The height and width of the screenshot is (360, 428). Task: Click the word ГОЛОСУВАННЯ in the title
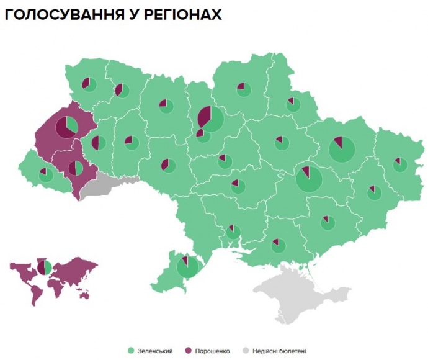pos(68,14)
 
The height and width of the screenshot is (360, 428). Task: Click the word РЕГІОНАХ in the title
pos(184,14)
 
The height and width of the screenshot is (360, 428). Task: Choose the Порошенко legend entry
pos(208,351)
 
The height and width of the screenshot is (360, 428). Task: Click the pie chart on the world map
pos(44,267)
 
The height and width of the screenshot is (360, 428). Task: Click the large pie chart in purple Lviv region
pos(67,127)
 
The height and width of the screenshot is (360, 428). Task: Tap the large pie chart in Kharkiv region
pos(342,149)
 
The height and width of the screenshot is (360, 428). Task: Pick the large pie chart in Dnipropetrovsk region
pos(308,179)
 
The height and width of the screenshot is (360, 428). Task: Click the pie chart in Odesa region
pos(187,266)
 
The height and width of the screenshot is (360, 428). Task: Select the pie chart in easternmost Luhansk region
pos(400,164)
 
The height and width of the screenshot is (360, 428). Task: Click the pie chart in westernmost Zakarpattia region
pos(46,175)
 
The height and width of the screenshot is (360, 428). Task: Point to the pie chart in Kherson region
pos(279,246)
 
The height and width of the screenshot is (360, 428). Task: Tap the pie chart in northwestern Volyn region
pos(89,84)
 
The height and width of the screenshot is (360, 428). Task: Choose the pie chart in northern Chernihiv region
pos(244,89)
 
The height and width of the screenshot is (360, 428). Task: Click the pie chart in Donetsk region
pos(374,192)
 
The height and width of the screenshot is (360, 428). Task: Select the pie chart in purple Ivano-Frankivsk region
pos(76,168)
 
